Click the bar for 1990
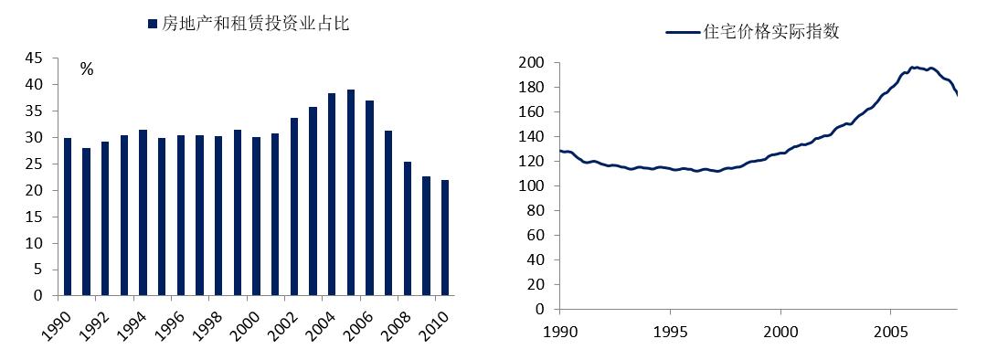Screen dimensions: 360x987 [68, 217]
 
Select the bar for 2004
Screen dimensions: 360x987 [332, 195]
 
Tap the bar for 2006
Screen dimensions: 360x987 [370, 198]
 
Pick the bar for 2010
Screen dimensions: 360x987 [445, 238]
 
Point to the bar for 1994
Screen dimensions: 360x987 [143, 213]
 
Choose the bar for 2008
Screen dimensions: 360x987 [408, 228]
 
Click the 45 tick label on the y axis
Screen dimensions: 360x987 [33, 58]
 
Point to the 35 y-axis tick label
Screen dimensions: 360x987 [33, 111]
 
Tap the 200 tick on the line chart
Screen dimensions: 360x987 [532, 63]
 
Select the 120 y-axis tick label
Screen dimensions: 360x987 [532, 162]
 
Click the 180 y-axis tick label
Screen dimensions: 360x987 [532, 88]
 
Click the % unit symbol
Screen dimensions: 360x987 [87, 69]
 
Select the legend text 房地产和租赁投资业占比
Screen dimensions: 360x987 [256, 24]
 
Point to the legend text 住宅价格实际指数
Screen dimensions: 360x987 [771, 31]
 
